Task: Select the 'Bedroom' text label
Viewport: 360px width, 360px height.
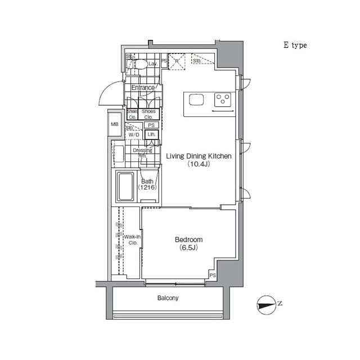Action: pyautogui.click(x=188, y=239)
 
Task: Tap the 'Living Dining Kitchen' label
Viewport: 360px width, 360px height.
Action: pyautogui.click(x=198, y=157)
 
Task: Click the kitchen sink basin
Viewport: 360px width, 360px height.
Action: pyautogui.click(x=197, y=100)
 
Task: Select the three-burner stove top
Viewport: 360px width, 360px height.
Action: pyautogui.click(x=223, y=100)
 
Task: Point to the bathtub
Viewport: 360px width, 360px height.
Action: pyautogui.click(x=125, y=187)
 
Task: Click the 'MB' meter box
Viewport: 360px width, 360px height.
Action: pyautogui.click(x=115, y=124)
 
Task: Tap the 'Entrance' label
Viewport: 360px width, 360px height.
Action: pyautogui.click(x=143, y=88)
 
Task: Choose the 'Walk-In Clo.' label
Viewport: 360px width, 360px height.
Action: pyautogui.click(x=132, y=240)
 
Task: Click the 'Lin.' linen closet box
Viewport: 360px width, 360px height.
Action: pyautogui.click(x=151, y=135)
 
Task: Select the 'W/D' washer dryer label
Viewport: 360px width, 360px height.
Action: pyautogui.click(x=134, y=135)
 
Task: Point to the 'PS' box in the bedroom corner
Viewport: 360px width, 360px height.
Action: pyautogui.click(x=213, y=276)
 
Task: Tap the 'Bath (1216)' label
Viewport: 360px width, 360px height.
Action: pyautogui.click(x=147, y=184)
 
